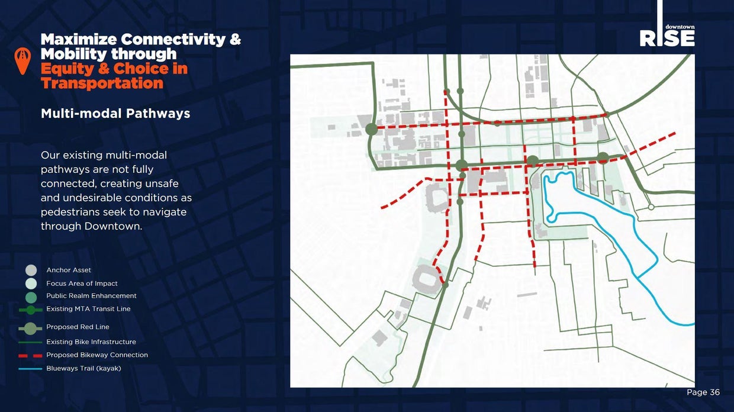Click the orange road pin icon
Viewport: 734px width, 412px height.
(22, 61)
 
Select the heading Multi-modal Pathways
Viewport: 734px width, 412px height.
(115, 113)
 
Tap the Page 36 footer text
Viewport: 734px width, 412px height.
(703, 392)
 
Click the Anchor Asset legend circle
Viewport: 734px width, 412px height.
(31, 271)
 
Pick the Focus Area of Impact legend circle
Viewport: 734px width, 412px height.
(31, 284)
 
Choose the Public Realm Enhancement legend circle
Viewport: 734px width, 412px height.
(31, 296)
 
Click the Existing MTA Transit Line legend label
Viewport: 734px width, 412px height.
(88, 309)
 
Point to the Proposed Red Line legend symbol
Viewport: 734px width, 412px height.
(30, 327)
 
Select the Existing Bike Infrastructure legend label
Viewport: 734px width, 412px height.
(91, 342)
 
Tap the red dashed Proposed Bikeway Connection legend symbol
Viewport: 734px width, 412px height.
(30, 355)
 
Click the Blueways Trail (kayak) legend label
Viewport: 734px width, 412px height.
(83, 368)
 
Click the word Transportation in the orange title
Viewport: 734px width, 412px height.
(102, 83)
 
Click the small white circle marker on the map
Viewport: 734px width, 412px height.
(651, 207)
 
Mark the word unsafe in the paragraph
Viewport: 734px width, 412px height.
(160, 184)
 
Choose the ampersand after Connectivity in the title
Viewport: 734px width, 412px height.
(235, 40)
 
